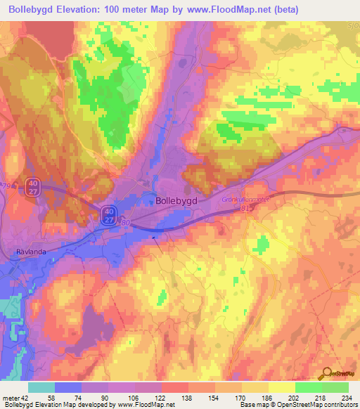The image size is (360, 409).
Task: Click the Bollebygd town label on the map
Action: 179,200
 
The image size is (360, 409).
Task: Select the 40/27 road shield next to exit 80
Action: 108,215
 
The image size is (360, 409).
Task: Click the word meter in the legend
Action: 11,398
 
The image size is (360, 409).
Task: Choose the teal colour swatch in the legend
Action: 41,387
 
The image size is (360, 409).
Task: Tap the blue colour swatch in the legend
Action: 68,387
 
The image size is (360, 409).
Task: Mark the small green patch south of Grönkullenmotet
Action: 262,246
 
